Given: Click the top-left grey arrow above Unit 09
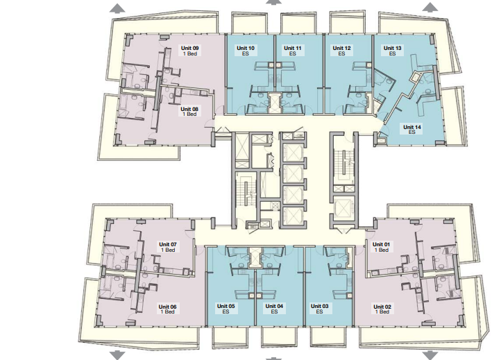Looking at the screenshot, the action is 117,8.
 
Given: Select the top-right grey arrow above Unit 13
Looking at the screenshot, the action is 430,8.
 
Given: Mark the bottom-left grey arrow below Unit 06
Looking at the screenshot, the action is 117,355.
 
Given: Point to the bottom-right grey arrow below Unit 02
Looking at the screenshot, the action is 430,355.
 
